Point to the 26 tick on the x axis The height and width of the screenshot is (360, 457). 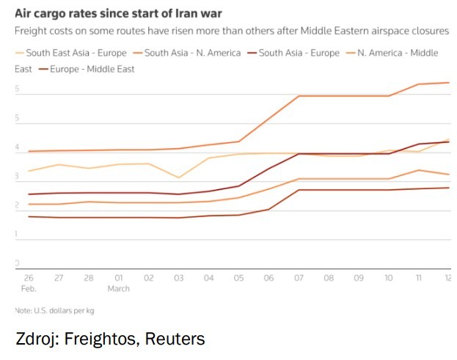[28, 279]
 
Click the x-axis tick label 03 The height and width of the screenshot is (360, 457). [179, 279]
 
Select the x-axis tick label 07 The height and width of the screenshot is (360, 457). [299, 279]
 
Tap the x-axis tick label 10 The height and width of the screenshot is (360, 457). [389, 279]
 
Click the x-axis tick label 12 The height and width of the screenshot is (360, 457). [447, 279]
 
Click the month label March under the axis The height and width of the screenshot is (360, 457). [118, 289]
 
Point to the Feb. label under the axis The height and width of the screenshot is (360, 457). [28, 289]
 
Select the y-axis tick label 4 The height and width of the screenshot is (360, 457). [18, 147]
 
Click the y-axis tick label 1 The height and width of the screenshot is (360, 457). [18, 234]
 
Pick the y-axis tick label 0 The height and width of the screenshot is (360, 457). [18, 262]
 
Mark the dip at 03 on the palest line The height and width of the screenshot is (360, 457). [179, 177]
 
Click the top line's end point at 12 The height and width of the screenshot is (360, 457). [448, 83]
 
